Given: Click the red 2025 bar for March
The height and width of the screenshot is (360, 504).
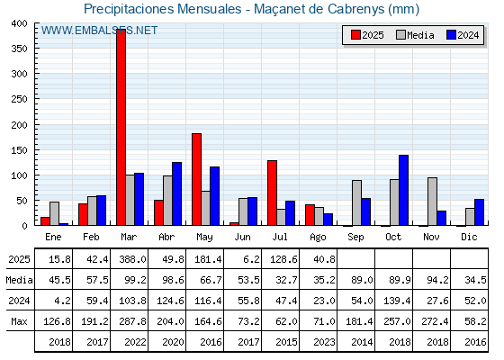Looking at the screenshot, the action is coord(121,127).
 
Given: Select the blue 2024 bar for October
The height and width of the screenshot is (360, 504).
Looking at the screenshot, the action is coord(403,190).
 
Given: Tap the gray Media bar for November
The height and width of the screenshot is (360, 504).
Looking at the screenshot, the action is coord(432,202).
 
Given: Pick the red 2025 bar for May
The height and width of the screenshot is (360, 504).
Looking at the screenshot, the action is coord(197,179).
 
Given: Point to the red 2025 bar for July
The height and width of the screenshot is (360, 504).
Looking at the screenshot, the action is coord(272,193).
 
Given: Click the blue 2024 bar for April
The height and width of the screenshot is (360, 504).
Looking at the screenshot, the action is coord(176,193).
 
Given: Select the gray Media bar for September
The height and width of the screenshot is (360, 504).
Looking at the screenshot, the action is coord(356,202).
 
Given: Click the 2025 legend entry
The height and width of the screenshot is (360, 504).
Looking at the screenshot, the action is coord(367,35).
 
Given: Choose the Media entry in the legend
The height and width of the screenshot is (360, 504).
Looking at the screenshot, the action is coord(415,35).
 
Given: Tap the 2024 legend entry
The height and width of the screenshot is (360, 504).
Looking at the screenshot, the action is coord(463,35).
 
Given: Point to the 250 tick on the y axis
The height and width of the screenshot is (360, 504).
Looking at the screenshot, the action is coord(19,99).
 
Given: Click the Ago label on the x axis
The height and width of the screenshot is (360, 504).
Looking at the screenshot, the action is coord(318,238).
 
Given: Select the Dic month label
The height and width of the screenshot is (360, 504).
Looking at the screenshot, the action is coord(469,237).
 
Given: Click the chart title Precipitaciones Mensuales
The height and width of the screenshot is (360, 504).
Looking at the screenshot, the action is coord(163,9).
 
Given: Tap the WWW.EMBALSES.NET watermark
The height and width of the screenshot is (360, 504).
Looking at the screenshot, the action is coord(99,31).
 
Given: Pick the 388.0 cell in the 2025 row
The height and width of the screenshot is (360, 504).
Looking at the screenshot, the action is coord(132,259).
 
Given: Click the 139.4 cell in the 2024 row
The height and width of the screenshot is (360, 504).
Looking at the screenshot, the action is coord(397,301).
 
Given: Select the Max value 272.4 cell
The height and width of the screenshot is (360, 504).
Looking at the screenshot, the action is coord(435,321).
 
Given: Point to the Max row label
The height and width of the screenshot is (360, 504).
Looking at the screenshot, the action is coord(19,321).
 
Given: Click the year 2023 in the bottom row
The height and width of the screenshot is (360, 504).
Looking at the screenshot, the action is coord(324,342).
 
